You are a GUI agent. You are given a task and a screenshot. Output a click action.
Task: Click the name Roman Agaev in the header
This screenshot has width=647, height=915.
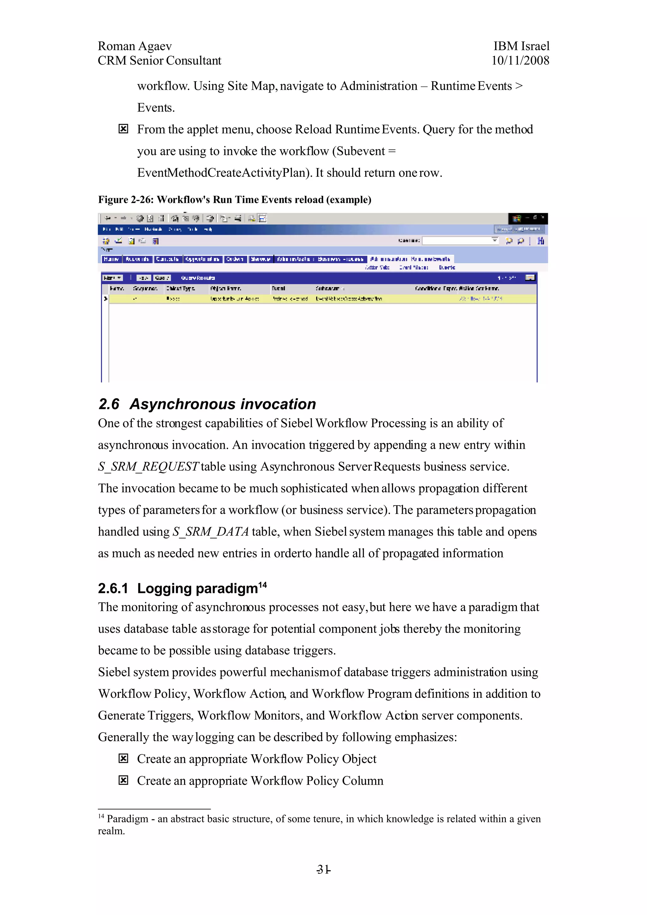click(135, 46)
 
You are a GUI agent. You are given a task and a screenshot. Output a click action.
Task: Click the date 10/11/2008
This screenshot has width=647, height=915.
click(520, 61)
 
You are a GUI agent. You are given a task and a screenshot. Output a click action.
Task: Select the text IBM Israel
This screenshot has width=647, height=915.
click(521, 46)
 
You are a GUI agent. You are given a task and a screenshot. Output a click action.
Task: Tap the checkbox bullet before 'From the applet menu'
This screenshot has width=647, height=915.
click(124, 129)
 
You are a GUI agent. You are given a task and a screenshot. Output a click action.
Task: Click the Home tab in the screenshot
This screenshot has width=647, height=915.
click(111, 259)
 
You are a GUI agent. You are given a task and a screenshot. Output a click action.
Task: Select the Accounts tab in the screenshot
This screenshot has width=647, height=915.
click(137, 259)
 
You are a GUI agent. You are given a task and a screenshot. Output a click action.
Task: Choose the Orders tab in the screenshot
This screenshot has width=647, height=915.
click(235, 259)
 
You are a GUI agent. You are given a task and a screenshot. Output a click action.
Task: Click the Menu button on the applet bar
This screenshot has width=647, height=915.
click(112, 278)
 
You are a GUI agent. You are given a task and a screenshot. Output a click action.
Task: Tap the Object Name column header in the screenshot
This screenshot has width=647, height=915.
click(225, 288)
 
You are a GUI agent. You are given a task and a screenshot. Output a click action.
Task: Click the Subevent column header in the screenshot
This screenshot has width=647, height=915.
click(328, 288)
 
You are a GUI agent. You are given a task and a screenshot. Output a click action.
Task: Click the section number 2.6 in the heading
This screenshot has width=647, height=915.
click(108, 404)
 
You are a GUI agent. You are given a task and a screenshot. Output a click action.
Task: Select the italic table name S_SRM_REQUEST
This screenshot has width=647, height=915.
click(148, 467)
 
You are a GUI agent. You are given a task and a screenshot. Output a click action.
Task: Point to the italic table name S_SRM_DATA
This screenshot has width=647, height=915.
click(210, 532)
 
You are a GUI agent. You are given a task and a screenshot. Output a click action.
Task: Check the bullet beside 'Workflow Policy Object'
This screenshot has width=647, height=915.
click(124, 758)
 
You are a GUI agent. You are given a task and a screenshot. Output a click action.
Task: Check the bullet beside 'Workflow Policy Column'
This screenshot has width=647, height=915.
click(124, 780)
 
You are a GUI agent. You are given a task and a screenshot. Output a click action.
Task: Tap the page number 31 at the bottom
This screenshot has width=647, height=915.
click(323, 869)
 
